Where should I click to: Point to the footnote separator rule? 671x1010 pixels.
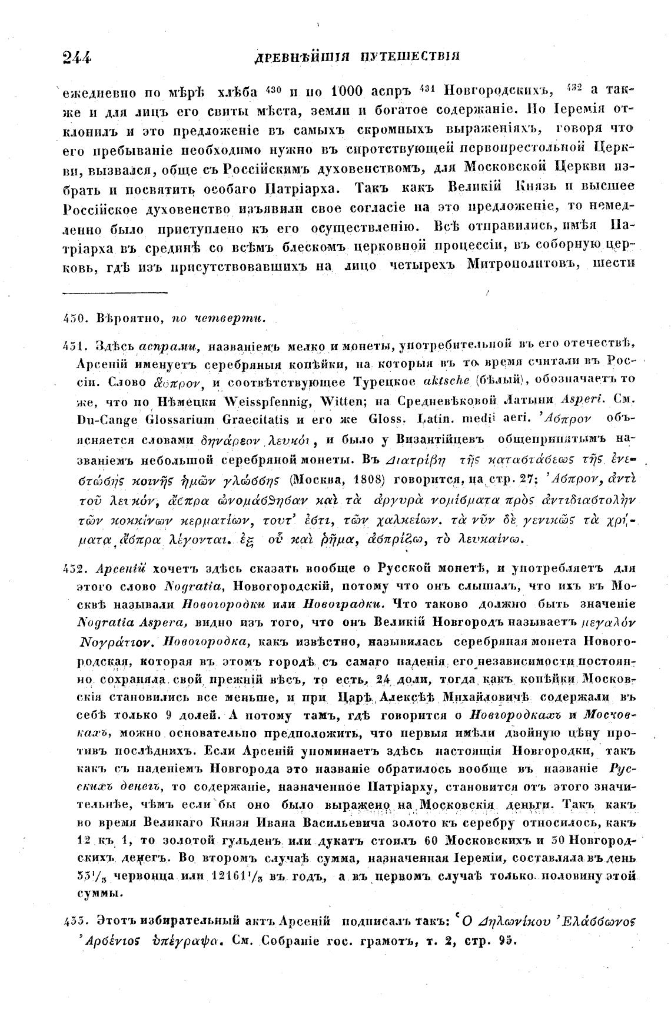coord(115,291)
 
